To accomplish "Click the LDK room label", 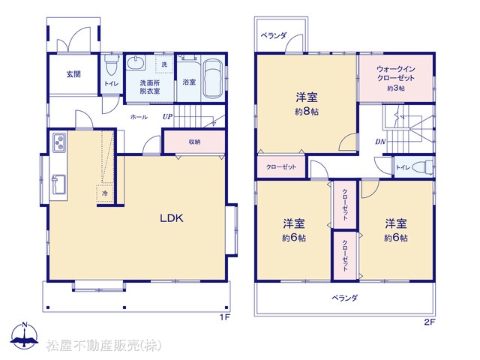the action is click(x=172, y=218).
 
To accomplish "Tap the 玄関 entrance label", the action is click(x=73, y=74).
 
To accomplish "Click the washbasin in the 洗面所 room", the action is click(x=135, y=63).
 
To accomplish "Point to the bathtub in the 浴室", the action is click(x=213, y=79).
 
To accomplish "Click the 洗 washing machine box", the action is click(x=164, y=64).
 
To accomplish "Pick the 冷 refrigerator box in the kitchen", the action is click(x=105, y=193).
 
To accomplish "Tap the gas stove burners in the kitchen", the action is click(x=59, y=142).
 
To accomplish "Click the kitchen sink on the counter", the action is click(x=59, y=184).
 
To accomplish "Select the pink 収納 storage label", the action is click(x=194, y=142).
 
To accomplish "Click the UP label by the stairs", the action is click(x=167, y=117).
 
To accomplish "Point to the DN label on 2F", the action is click(x=380, y=142).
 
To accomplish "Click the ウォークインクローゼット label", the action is click(x=396, y=73).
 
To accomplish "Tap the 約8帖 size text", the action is click(x=307, y=112).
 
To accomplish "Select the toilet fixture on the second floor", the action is click(x=423, y=167).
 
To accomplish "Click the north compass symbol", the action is click(x=25, y=335).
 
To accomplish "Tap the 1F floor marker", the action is click(x=224, y=317).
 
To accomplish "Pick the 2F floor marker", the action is click(x=430, y=322).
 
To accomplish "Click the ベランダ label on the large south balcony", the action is click(x=345, y=298).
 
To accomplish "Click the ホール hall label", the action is click(x=139, y=117).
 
